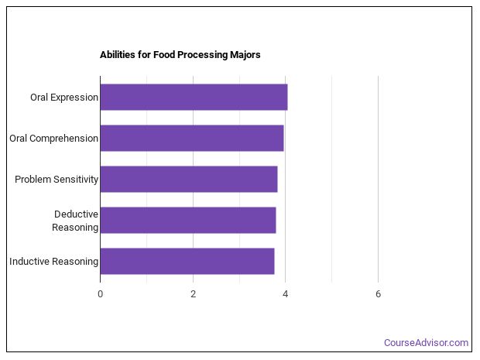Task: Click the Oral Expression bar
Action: [x=194, y=98]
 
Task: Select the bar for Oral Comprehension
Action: [x=191, y=139]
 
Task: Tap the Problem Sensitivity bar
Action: [x=188, y=180]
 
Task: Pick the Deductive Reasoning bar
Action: [x=187, y=221]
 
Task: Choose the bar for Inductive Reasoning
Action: [x=187, y=262]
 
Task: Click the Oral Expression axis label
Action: [x=64, y=98]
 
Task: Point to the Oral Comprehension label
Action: [x=53, y=139]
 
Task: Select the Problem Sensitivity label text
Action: [x=57, y=180]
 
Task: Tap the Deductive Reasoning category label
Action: [x=75, y=221]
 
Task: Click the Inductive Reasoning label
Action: [x=53, y=262]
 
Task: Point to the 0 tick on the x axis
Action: [x=100, y=294]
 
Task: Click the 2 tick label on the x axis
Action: [x=193, y=294]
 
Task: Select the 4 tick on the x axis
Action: [x=286, y=294]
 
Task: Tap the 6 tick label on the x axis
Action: [x=378, y=294]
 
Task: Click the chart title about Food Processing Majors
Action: [x=180, y=55]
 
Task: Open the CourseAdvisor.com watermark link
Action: [x=426, y=343]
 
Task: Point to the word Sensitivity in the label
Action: [x=74, y=180]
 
